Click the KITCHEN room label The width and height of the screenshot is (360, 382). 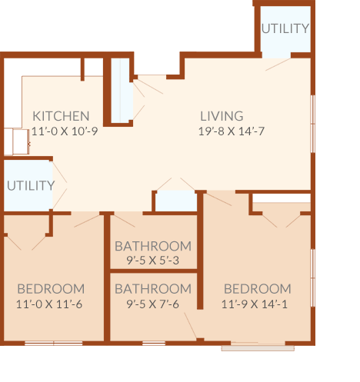[61, 116]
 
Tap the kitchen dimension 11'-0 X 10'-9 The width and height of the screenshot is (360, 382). [65, 131]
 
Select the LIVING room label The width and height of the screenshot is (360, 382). [222, 116]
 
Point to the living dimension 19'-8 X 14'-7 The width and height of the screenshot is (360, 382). [232, 131]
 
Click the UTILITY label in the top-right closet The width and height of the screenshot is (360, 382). [285, 28]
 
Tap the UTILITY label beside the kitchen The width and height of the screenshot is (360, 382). [31, 185]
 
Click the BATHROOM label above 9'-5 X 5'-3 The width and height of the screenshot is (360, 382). [153, 246]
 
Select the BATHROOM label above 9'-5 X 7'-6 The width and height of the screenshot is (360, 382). [153, 289]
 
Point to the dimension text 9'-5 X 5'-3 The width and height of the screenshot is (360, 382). [153, 261]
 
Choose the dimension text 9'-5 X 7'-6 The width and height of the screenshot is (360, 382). [153, 304]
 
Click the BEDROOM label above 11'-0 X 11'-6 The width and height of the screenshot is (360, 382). [51, 289]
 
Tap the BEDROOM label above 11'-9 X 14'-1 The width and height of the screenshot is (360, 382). [258, 289]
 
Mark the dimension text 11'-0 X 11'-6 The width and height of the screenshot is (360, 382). [49, 304]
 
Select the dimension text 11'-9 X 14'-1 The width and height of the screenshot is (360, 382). [255, 304]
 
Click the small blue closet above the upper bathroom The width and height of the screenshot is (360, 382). [176, 201]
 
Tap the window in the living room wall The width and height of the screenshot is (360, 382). [313, 124]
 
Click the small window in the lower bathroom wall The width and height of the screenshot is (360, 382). [154, 344]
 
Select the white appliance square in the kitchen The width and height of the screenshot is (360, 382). [21, 141]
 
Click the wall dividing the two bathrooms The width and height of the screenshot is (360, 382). [154, 271]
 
